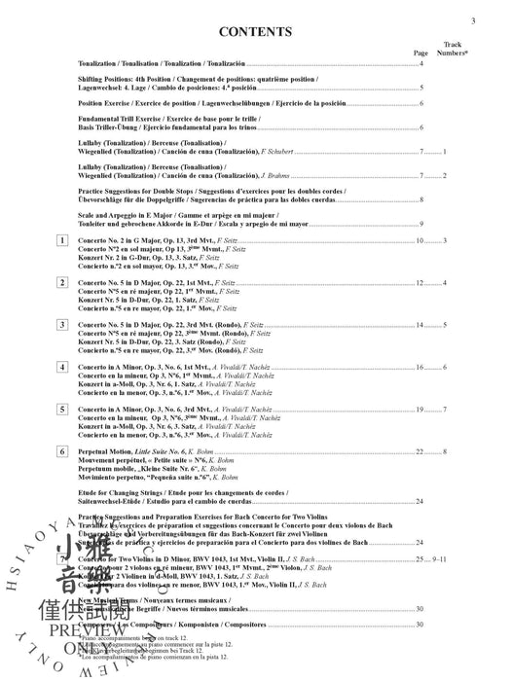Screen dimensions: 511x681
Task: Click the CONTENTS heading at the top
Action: pos(255,31)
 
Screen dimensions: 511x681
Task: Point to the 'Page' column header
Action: pos(420,52)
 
